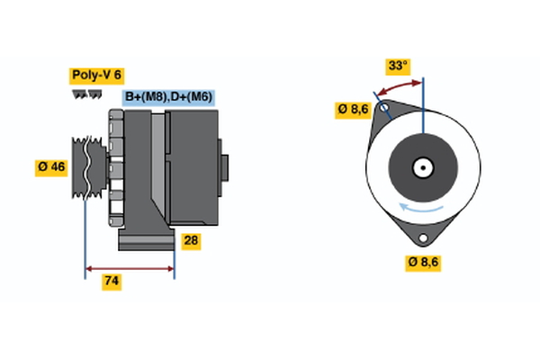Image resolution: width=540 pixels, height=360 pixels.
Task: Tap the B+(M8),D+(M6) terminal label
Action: click(168, 96)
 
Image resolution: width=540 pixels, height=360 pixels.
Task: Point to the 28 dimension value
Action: click(190, 240)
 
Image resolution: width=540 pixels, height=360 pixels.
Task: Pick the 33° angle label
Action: click(397, 66)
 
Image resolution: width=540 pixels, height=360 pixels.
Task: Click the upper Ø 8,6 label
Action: click(354, 109)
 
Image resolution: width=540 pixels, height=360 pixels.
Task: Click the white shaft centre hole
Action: click(423, 166)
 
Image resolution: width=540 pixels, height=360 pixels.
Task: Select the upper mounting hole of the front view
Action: click(384, 112)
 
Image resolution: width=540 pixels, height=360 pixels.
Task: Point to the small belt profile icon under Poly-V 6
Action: click(86, 94)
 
